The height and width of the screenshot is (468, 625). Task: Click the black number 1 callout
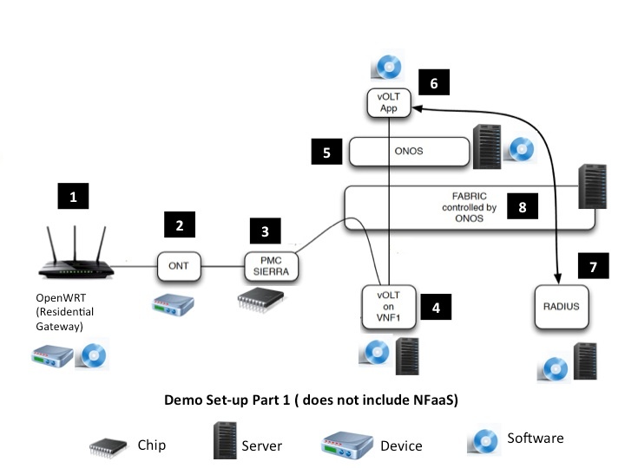click(73, 198)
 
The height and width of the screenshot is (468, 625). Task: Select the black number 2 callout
click(180, 226)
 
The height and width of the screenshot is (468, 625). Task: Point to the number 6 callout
click(434, 83)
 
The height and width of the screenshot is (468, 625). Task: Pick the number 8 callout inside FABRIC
click(522, 207)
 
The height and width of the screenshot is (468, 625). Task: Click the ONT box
click(180, 264)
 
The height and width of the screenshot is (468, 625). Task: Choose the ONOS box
click(409, 152)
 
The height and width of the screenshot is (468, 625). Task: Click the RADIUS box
click(556, 306)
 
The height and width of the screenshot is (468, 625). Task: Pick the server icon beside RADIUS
click(585, 361)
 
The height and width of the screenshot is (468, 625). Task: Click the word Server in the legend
click(261, 445)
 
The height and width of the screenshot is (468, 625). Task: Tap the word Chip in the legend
click(151, 445)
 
